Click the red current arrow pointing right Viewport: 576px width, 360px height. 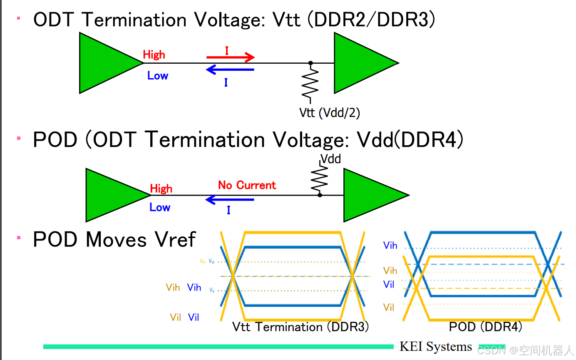pyautogui.click(x=230, y=57)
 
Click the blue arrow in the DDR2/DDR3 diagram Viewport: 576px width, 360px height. pyautogui.click(x=230, y=70)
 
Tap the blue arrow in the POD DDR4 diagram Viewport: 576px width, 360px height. pyautogui.click(x=230, y=200)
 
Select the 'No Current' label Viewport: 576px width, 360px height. pyautogui.click(x=247, y=185)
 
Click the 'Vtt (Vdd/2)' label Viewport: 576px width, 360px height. pyautogui.click(x=329, y=112)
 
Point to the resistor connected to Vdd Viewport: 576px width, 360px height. pyautogui.click(x=320, y=178)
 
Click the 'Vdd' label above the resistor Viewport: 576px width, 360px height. pyautogui.click(x=330, y=159)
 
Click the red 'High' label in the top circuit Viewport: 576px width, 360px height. pyautogui.click(x=154, y=55)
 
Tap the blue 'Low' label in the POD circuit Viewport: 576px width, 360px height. pyautogui.click(x=160, y=207)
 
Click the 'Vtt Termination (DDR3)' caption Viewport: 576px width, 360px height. pyautogui.click(x=300, y=327)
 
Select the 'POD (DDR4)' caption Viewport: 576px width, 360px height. pyautogui.click(x=485, y=327)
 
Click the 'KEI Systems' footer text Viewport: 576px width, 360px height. pyautogui.click(x=435, y=346)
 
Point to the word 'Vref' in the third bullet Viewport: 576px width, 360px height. pyautogui.click(x=175, y=240)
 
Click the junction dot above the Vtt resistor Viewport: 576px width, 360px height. pyautogui.click(x=310, y=63)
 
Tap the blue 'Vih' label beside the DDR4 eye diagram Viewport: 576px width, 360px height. pyautogui.click(x=390, y=246)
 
